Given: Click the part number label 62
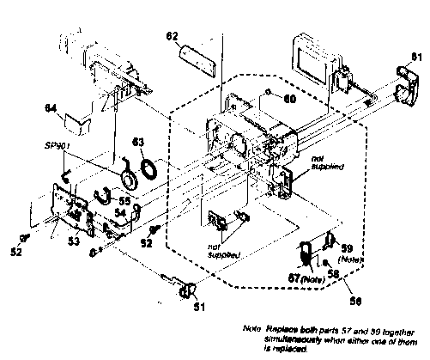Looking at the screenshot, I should point(171,36).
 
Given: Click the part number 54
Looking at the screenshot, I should point(121,211).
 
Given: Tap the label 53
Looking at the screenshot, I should point(75,242).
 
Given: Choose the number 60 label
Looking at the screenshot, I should point(290,99).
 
